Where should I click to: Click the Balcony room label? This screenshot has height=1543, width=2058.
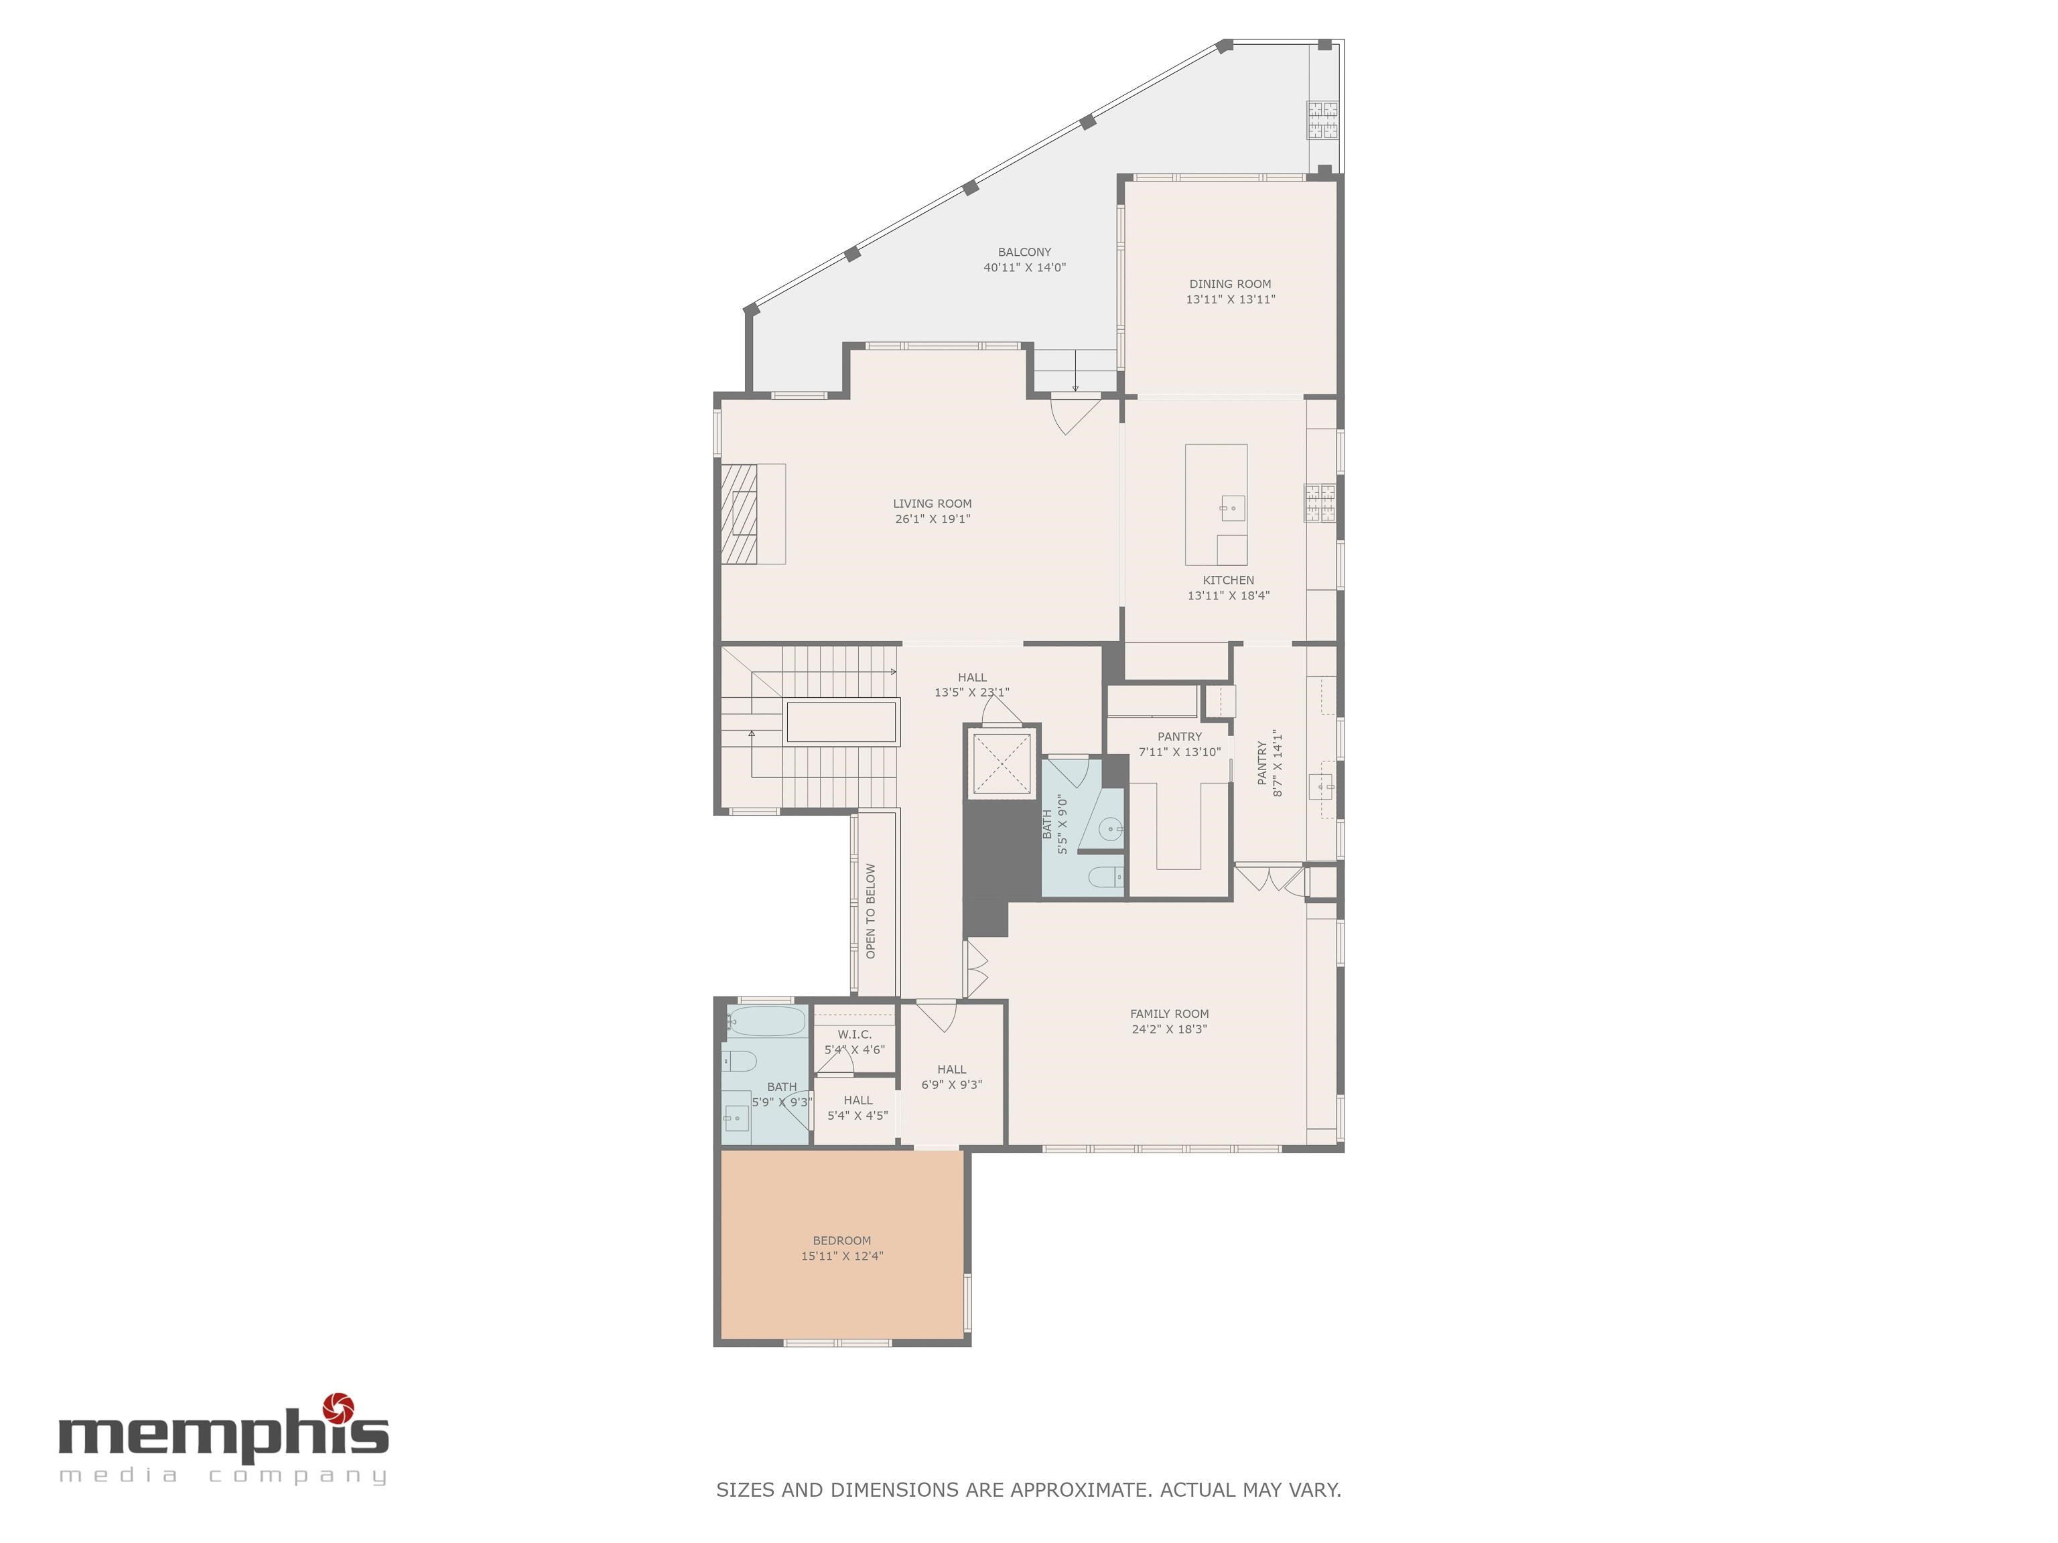tap(1024, 252)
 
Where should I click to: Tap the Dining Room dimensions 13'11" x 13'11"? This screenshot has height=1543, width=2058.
tap(1230, 299)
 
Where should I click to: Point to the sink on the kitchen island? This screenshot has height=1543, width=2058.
tap(1232, 508)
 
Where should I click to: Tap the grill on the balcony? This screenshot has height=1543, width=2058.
tap(1323, 120)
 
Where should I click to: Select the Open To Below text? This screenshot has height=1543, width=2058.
tap(871, 911)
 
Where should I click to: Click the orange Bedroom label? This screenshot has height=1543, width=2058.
tap(842, 1241)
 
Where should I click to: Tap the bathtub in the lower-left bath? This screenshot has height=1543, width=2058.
tap(766, 1022)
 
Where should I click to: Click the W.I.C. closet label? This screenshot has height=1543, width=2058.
tap(854, 1034)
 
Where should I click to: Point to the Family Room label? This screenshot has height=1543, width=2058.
tap(1170, 1014)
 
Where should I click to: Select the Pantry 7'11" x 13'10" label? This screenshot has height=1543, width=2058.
tap(1179, 744)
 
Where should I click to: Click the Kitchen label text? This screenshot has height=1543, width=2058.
tap(1228, 581)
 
